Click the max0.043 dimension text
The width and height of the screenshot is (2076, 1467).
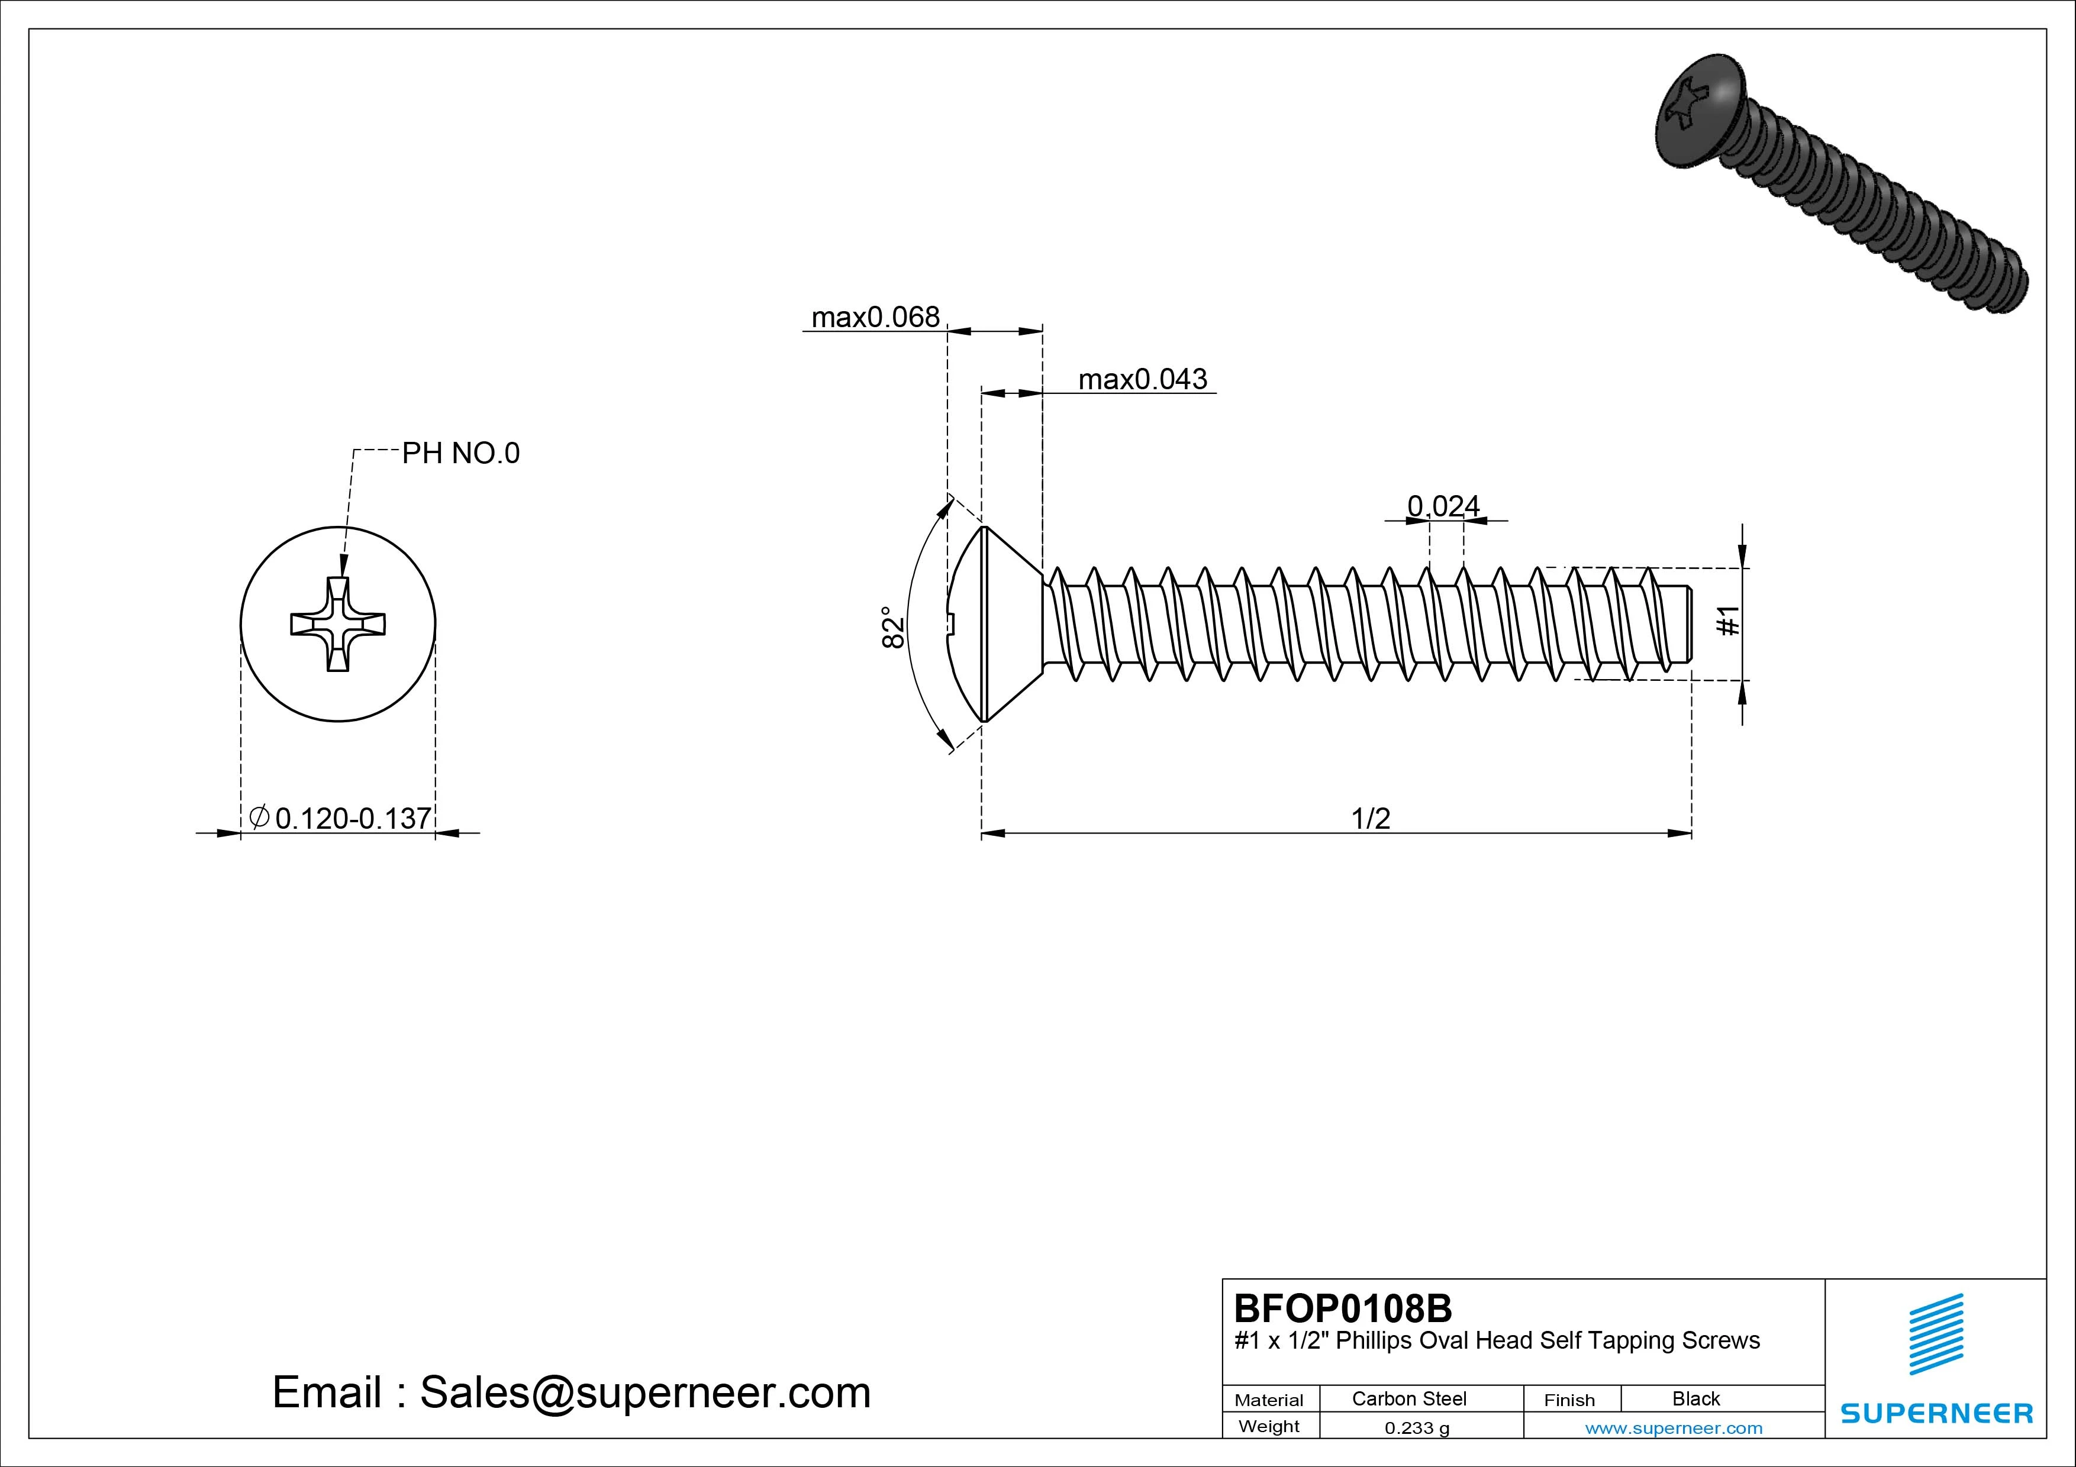pyautogui.click(x=1142, y=380)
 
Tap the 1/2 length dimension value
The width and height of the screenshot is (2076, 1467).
pyautogui.click(x=1370, y=819)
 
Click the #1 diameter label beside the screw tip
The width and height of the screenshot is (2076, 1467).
pyautogui.click(x=1728, y=622)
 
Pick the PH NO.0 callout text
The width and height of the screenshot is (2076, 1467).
pyautogui.click(x=460, y=454)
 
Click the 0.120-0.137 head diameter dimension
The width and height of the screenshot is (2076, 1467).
pyautogui.click(x=353, y=819)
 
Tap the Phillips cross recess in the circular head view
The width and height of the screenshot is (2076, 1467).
pyautogui.click(x=338, y=623)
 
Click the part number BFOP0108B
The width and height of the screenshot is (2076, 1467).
pyautogui.click(x=1343, y=1308)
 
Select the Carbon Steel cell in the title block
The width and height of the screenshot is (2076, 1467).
pyautogui.click(x=1408, y=1399)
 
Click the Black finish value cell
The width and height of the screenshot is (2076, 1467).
pyautogui.click(x=1695, y=1399)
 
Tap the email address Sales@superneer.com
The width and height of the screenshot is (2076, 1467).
pyautogui.click(x=644, y=1393)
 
